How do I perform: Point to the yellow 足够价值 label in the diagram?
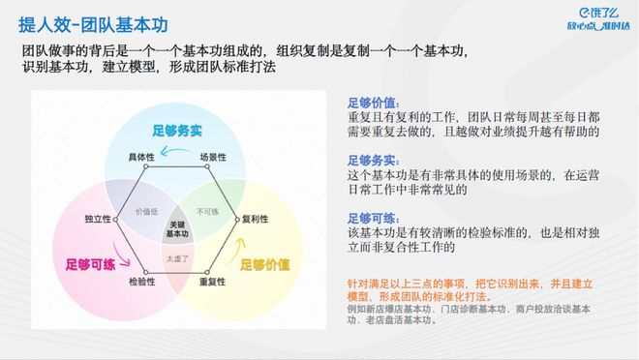(264, 262)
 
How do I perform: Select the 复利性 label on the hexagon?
(255, 218)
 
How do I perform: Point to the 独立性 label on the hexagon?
(99, 218)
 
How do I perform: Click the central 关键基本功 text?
(177, 227)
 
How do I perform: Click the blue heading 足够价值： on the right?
(373, 101)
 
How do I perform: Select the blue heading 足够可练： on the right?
(373, 218)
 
